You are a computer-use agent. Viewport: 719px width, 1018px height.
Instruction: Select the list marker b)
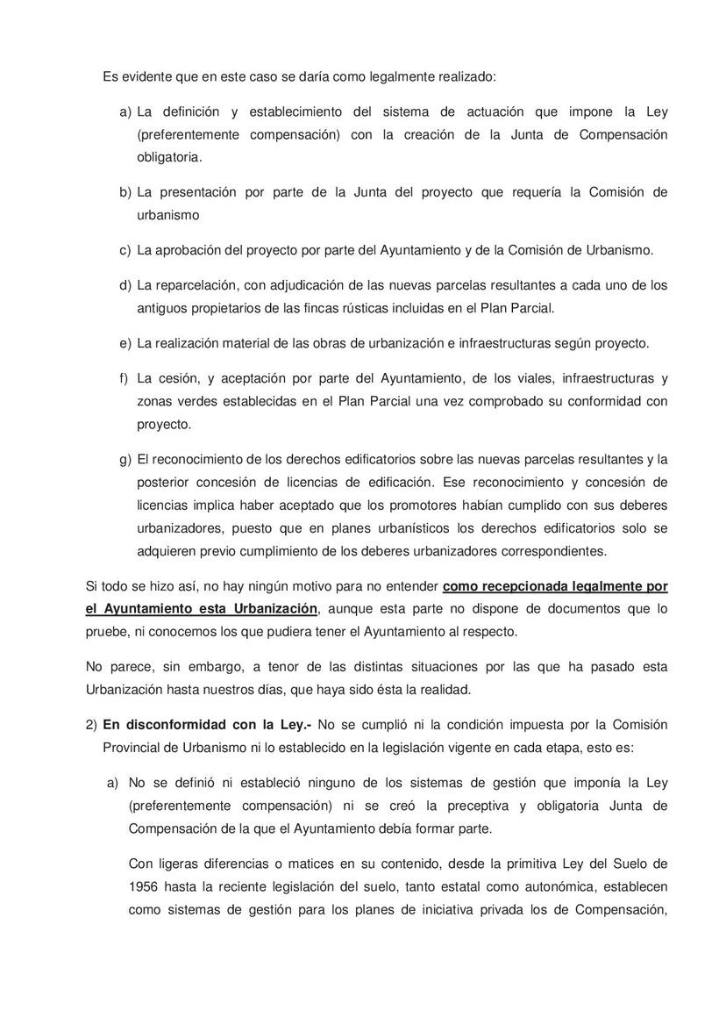[125, 192]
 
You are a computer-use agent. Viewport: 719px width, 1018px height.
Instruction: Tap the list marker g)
[125, 459]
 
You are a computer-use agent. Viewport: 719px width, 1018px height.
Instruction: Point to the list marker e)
[125, 343]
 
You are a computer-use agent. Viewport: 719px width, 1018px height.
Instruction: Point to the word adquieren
[167, 551]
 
